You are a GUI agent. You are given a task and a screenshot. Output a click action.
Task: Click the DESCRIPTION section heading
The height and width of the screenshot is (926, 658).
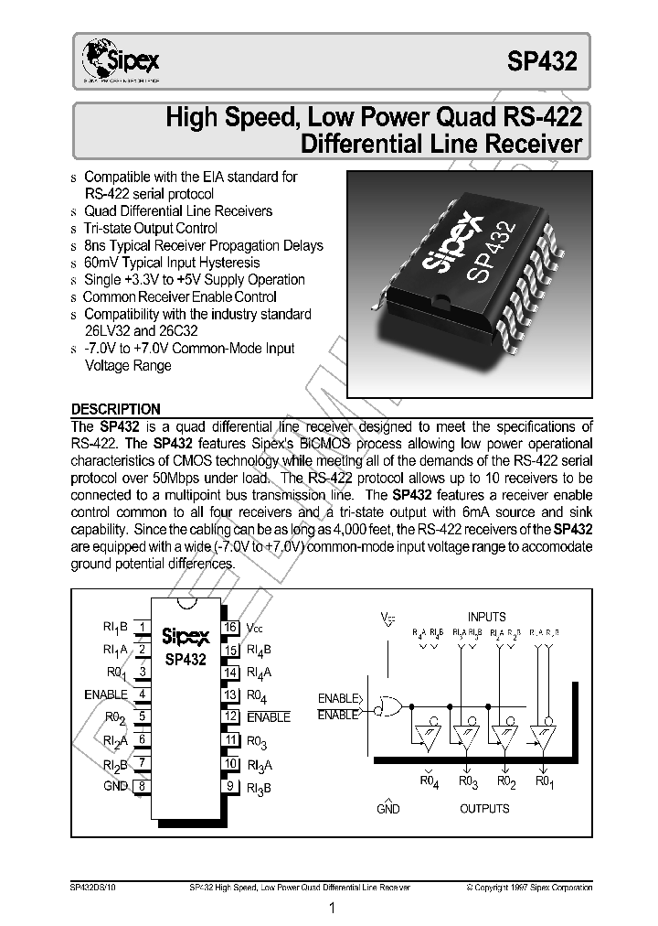115,409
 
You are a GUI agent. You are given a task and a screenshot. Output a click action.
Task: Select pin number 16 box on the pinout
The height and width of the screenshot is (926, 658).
230,628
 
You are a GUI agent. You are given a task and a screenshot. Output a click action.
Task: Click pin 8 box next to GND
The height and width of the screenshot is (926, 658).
143,786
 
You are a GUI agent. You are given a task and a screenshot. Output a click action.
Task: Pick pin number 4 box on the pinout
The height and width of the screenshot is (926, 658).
143,694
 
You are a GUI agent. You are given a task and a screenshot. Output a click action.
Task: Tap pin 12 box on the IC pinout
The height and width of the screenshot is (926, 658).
230,717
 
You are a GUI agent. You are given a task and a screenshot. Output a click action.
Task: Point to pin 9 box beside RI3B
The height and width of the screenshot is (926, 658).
230,786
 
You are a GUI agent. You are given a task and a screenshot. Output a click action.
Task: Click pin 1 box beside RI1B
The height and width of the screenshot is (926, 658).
143,628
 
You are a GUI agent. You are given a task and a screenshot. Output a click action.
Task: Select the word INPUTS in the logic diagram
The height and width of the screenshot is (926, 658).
486,617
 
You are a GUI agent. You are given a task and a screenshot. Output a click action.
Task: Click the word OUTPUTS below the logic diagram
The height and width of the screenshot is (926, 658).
484,809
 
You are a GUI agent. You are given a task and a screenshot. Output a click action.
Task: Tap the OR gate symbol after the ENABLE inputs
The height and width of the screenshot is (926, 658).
391,706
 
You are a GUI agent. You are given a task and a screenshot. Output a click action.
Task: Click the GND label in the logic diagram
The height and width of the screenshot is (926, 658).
388,809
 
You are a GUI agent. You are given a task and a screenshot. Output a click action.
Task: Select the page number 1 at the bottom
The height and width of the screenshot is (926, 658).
332,909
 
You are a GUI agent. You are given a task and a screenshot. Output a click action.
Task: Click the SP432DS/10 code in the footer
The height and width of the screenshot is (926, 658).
93,888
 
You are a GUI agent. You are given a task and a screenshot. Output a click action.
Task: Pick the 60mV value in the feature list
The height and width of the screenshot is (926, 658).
101,263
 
